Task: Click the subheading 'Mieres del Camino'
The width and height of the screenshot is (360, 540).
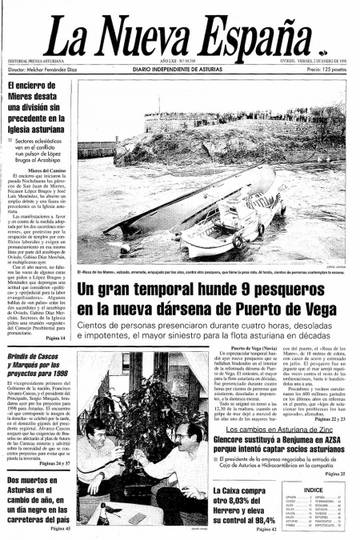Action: coord(48,171)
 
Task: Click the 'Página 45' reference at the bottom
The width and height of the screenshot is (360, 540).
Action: coord(61,528)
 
